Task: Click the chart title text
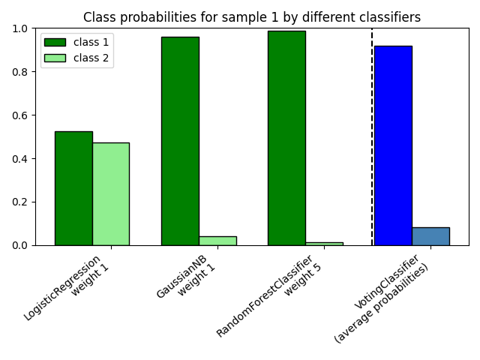click(251, 16)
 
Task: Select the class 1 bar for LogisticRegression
click(73, 188)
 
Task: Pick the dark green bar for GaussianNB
click(180, 141)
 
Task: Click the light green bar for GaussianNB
click(217, 241)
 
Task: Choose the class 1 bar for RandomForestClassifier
click(286, 138)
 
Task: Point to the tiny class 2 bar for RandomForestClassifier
click(324, 243)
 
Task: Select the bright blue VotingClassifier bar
click(393, 145)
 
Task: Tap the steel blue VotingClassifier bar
click(430, 236)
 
